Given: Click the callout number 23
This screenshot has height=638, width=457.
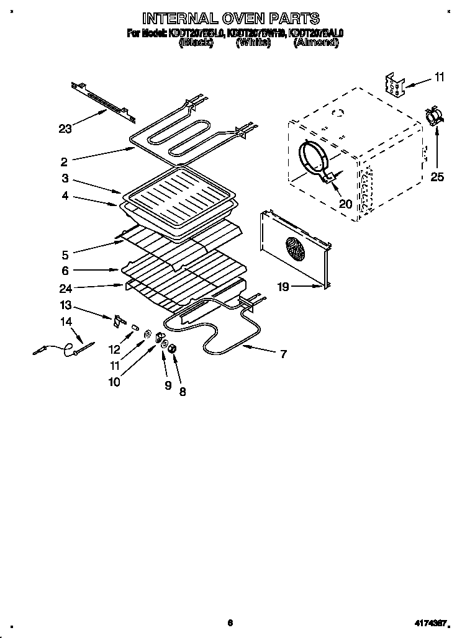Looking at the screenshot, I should tap(65, 129).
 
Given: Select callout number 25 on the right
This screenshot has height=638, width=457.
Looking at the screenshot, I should tap(437, 177).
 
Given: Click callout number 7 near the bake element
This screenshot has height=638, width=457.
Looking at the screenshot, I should tap(283, 354).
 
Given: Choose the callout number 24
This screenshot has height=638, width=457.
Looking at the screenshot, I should tap(64, 287).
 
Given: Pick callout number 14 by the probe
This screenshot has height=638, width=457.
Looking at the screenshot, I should tap(65, 321).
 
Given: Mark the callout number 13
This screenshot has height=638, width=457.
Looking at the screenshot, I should tap(65, 306).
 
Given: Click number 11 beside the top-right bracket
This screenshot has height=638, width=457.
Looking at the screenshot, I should tap(439, 78).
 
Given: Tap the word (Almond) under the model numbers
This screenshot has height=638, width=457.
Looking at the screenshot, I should tap(317, 43).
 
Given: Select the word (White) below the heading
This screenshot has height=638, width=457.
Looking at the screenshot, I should tap(253, 43).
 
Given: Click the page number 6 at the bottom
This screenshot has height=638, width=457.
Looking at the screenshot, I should tap(230, 623).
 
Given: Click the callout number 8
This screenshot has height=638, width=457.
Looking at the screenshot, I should tap(183, 392).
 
